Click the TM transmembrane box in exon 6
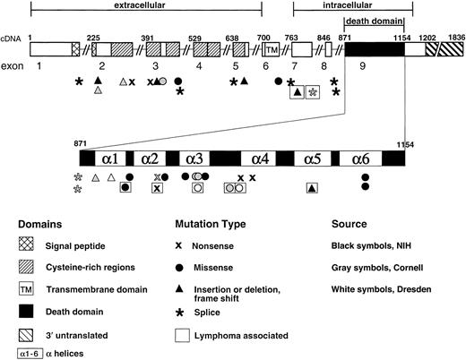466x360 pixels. pyautogui.click(x=270, y=49)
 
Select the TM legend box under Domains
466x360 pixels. pyautogui.click(x=26, y=289)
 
